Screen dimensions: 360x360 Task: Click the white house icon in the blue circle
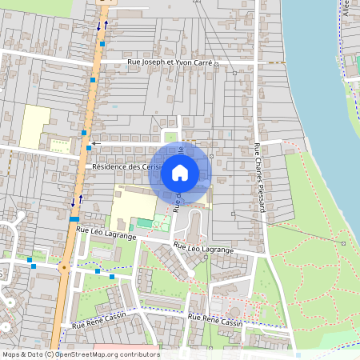(x=180, y=172)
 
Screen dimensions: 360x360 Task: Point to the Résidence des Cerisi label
(x=125, y=166)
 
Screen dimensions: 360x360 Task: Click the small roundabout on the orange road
(x=62, y=267)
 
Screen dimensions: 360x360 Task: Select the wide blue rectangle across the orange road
(x=74, y=218)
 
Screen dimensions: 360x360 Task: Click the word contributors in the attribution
(x=137, y=354)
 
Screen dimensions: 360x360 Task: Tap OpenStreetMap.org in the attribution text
(x=84, y=354)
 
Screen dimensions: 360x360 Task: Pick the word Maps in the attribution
(x=11, y=354)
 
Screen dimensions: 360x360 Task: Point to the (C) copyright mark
(x=50, y=354)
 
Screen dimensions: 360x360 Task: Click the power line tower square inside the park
(x=342, y=242)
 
